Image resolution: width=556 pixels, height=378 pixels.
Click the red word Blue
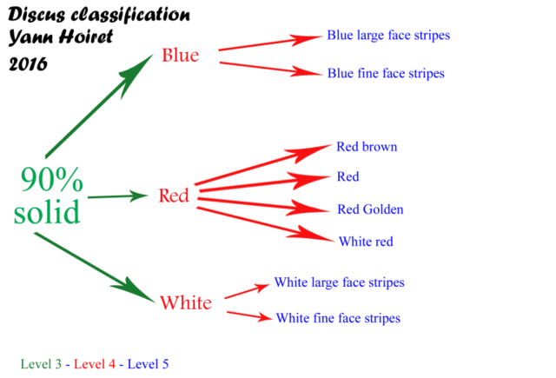pos(181,55)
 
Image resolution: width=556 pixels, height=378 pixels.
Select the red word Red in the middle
pos(174,196)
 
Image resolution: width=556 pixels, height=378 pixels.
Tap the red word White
pos(186,302)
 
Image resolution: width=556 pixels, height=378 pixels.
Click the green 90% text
pos(52,179)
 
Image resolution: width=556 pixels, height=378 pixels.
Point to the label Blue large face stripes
pos(388,36)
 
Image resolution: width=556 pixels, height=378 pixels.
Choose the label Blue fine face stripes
pos(386,73)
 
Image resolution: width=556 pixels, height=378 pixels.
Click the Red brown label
pos(367,147)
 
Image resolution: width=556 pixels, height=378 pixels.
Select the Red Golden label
pos(370,209)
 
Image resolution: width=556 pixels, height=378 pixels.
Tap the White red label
pos(366,242)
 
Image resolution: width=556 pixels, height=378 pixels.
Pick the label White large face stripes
pos(340,282)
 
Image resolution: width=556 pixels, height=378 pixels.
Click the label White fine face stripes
pos(338,318)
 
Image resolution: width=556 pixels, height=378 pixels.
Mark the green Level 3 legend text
pos(41,364)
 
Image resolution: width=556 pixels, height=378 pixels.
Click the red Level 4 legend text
pos(95,364)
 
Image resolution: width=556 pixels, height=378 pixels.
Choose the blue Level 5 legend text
pos(148,364)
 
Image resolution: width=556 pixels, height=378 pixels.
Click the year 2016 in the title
pos(28,64)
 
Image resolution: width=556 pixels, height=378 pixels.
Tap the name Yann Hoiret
pos(60,37)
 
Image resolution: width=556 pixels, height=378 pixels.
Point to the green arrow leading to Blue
pos(99,106)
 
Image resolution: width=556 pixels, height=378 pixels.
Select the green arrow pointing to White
pos(95,268)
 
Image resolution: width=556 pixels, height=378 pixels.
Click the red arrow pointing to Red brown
pos(262,164)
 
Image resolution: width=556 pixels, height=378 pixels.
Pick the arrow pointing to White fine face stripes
pos(249,315)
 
